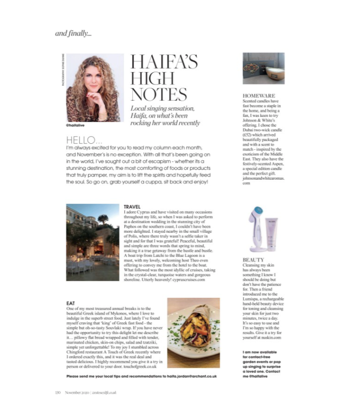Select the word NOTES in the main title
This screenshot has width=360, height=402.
coord(159,94)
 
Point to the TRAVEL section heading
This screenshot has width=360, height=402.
coord(132,207)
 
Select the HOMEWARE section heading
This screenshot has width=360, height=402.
coord(259,95)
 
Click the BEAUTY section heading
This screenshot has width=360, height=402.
coord(254,260)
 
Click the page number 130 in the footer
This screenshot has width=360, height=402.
coord(57,392)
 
